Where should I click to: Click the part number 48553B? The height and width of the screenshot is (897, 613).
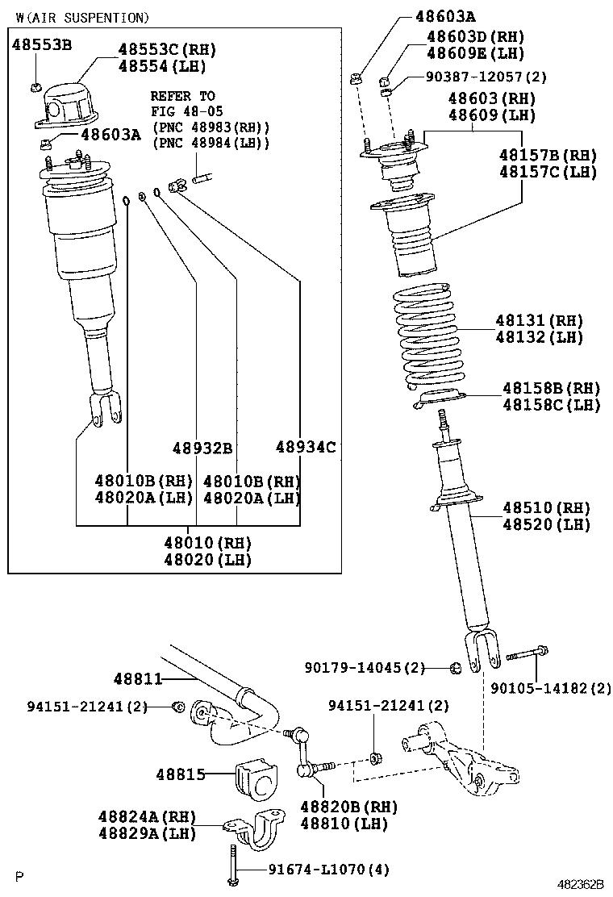pos(42,44)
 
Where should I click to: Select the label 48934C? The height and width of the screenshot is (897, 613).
pos(305,447)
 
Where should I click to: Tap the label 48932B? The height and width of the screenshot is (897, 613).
pos(202,448)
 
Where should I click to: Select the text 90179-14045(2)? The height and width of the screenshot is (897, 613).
pos(365,667)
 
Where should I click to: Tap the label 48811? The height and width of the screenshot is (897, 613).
pos(138,680)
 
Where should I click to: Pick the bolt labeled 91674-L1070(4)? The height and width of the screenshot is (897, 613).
pos(232,863)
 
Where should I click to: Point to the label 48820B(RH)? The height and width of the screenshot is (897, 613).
pos(348,807)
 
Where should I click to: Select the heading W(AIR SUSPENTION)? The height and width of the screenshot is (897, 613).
pos(82,17)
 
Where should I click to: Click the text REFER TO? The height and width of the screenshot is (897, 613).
pos(182,96)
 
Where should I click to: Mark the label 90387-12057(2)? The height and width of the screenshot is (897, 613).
pos(486,77)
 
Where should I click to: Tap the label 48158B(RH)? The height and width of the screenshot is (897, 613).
pos(551,388)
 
